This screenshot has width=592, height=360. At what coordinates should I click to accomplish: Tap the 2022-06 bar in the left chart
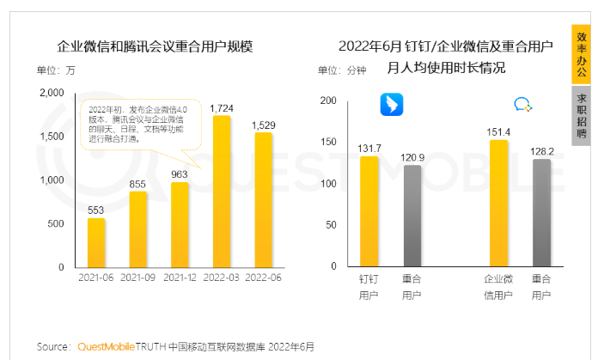(x=263, y=199)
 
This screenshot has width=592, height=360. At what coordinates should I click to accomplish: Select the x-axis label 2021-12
(x=180, y=278)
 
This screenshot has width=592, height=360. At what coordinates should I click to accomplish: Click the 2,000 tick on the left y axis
(x=52, y=92)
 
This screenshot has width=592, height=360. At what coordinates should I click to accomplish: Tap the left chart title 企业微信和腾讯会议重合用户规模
(x=155, y=46)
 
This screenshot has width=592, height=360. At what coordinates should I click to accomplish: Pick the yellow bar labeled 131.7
(x=369, y=211)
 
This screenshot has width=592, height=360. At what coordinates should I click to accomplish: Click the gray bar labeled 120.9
(x=412, y=216)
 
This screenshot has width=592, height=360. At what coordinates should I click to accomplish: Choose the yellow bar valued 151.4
(x=498, y=203)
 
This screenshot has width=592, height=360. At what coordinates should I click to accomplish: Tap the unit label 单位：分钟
(x=341, y=70)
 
